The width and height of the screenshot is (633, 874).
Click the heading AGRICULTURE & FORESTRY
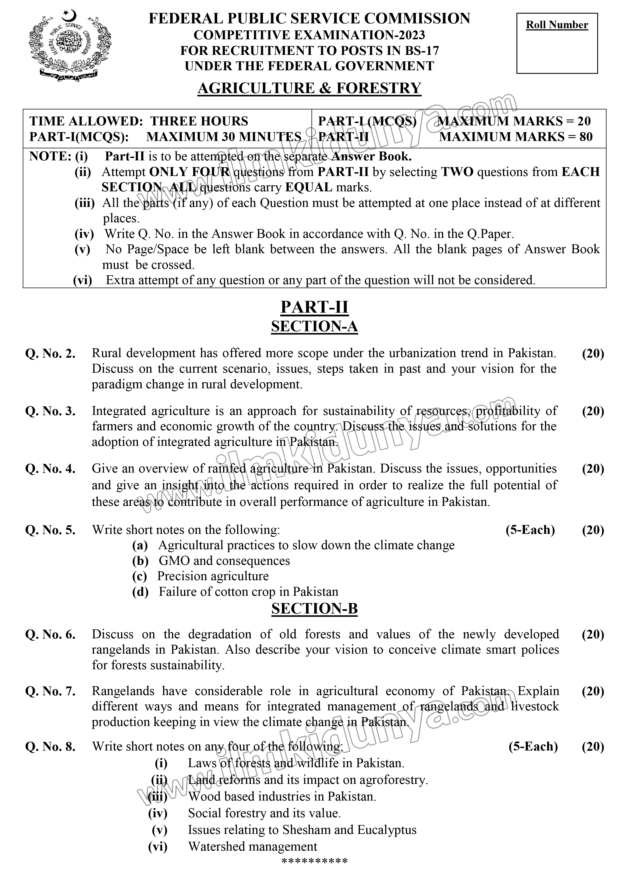point(309,88)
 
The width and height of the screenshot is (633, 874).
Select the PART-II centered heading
point(314,307)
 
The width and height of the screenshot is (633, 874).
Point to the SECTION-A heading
point(314,326)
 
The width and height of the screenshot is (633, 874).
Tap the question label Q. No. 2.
point(50,353)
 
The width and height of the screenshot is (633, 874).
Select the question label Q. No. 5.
point(50,530)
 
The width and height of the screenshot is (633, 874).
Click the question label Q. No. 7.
point(50,691)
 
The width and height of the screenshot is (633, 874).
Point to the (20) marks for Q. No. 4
point(593,469)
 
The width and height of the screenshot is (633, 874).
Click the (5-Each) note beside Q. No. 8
point(533,746)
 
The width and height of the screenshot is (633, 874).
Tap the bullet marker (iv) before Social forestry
point(158,813)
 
